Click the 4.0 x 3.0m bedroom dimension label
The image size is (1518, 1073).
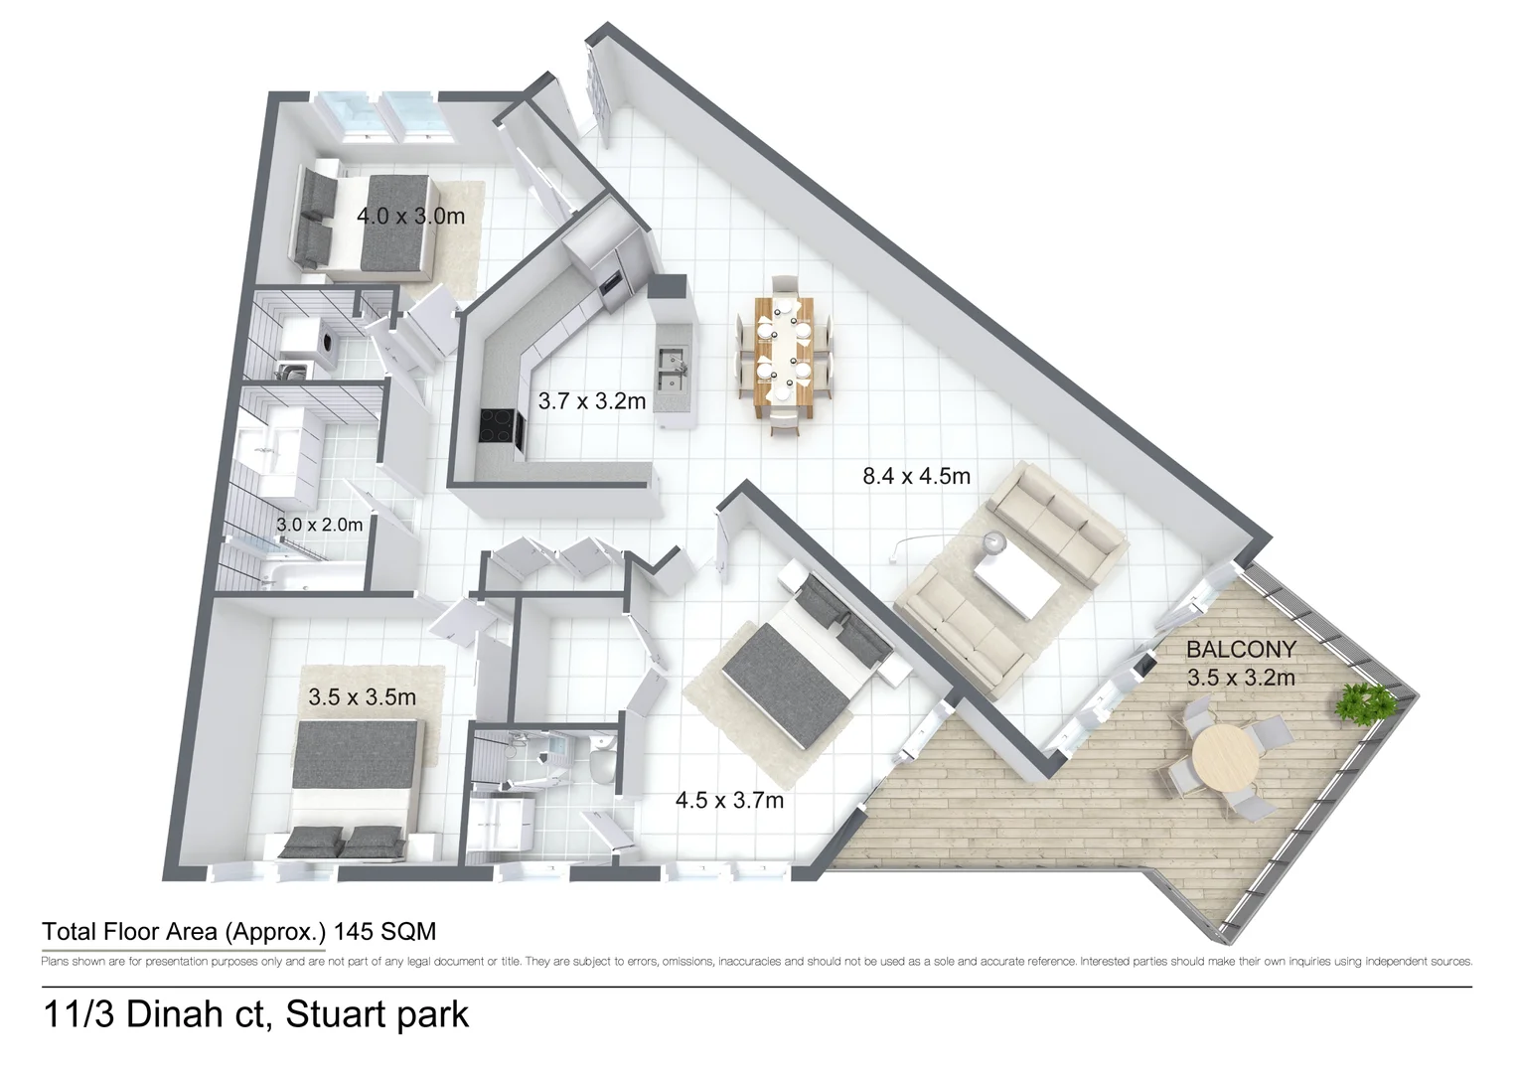[x=410, y=216]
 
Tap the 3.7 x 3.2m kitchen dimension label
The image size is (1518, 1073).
[x=591, y=401]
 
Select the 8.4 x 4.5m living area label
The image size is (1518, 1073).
[x=916, y=476]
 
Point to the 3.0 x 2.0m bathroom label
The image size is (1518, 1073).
[x=319, y=525]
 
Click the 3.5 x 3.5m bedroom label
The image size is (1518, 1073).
[x=362, y=697]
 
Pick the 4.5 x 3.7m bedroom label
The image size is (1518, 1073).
[x=729, y=800]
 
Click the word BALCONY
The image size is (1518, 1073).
[x=1241, y=650]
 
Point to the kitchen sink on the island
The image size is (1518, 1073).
[x=673, y=364]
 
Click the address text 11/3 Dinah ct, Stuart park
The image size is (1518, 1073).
[x=255, y=1014]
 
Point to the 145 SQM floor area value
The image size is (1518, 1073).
[x=384, y=932]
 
